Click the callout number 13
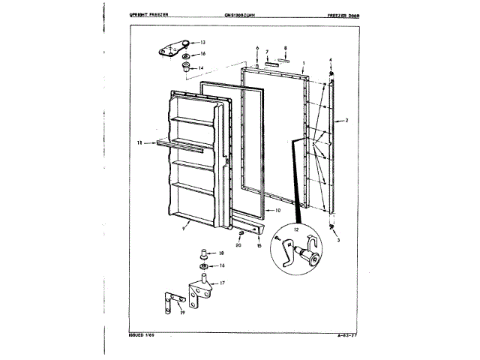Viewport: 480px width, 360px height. [x=202, y=43]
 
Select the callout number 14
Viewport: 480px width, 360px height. [x=201, y=67]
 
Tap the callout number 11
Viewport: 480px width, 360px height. [x=139, y=142]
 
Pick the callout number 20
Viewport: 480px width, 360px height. [x=238, y=244]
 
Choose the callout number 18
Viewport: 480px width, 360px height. [x=221, y=254]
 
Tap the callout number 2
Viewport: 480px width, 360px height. [x=347, y=120]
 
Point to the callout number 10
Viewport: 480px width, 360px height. [x=277, y=211]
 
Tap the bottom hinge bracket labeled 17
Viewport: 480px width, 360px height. [x=201, y=292]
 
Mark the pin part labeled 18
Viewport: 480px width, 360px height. [x=202, y=255]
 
